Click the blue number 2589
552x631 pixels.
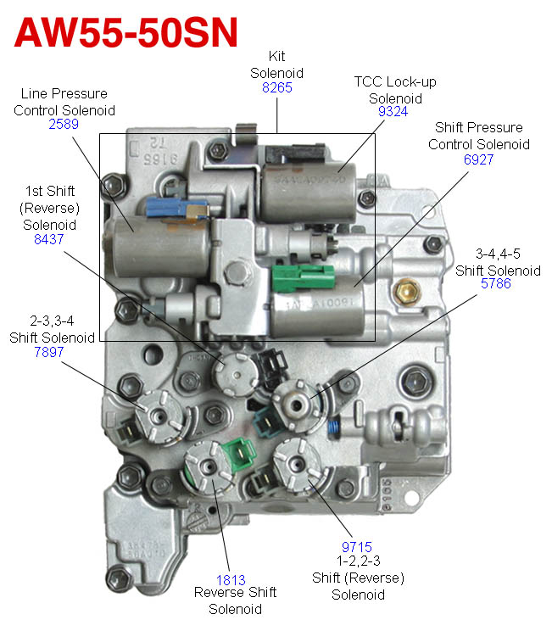[65, 124]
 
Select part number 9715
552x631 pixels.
[356, 548]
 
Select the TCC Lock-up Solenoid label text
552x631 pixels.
[389, 89]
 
